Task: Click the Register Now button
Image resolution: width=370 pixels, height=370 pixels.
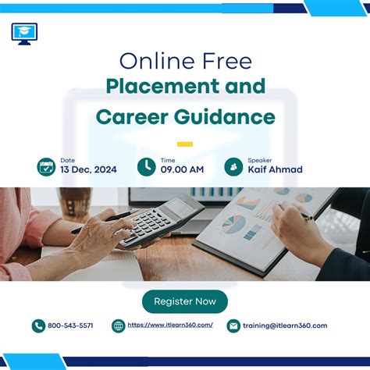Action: [x=185, y=301]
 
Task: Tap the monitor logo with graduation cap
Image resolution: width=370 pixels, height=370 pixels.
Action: [x=24, y=34]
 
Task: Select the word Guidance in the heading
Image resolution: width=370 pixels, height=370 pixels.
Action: [x=232, y=117]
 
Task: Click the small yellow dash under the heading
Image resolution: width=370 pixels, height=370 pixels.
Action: [x=185, y=144]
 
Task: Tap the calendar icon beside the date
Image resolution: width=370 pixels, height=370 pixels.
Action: [x=46, y=166]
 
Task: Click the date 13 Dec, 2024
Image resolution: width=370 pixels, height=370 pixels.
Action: [x=89, y=169]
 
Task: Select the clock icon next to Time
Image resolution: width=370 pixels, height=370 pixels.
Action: [x=146, y=166]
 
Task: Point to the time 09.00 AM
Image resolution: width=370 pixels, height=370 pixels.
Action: [x=183, y=169]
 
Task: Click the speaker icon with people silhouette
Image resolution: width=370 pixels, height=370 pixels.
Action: [x=233, y=166]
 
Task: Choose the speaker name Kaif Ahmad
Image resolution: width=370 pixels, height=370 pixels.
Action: [x=275, y=169]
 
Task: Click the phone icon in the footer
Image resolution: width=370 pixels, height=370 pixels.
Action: [x=38, y=326]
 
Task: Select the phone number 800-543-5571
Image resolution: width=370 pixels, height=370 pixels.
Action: [x=70, y=326]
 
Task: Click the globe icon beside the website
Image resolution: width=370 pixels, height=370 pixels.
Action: [x=119, y=326]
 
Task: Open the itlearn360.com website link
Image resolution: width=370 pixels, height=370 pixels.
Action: [x=170, y=326]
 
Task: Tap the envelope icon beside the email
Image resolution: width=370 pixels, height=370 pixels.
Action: [x=233, y=326]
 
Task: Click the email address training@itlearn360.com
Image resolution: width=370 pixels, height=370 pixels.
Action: [x=285, y=326]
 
